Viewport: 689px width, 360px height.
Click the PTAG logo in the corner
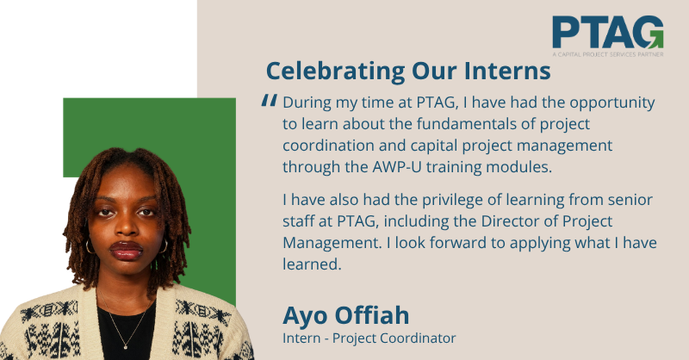[608, 36]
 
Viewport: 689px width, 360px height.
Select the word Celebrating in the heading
[336, 71]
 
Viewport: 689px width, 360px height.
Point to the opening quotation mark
[269, 101]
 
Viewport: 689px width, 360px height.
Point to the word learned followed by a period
[312, 264]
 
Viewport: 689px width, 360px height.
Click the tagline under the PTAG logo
[608, 54]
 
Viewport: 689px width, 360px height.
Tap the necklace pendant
[126, 346]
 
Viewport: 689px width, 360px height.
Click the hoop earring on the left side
[90, 246]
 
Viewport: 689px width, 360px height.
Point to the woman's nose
[127, 227]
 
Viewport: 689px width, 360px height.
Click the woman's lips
[126, 250]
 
